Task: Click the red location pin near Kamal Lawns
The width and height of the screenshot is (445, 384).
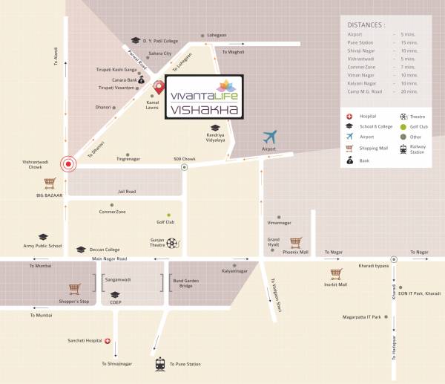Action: pos(158,88)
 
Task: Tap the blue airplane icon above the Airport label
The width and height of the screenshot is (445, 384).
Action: pos(268,137)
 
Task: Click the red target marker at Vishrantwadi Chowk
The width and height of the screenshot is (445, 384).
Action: pos(69,164)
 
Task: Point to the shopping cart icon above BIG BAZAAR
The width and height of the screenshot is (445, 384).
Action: pos(50,182)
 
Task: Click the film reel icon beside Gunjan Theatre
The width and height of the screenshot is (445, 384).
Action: pos(172,242)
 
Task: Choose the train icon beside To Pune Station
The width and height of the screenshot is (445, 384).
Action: pos(160,364)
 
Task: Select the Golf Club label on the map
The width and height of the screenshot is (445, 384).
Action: pos(165,222)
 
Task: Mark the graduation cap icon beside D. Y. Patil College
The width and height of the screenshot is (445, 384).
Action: pos(136,40)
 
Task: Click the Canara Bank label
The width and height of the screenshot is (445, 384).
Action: pos(122,79)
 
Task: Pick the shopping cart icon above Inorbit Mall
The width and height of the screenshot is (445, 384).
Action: pos(335,271)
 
